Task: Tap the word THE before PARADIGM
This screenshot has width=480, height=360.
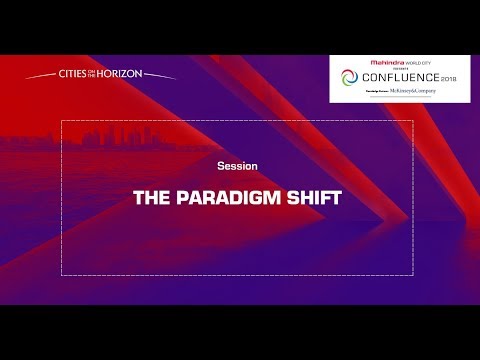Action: pos(154,197)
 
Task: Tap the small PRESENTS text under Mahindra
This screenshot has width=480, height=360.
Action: pos(404,68)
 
